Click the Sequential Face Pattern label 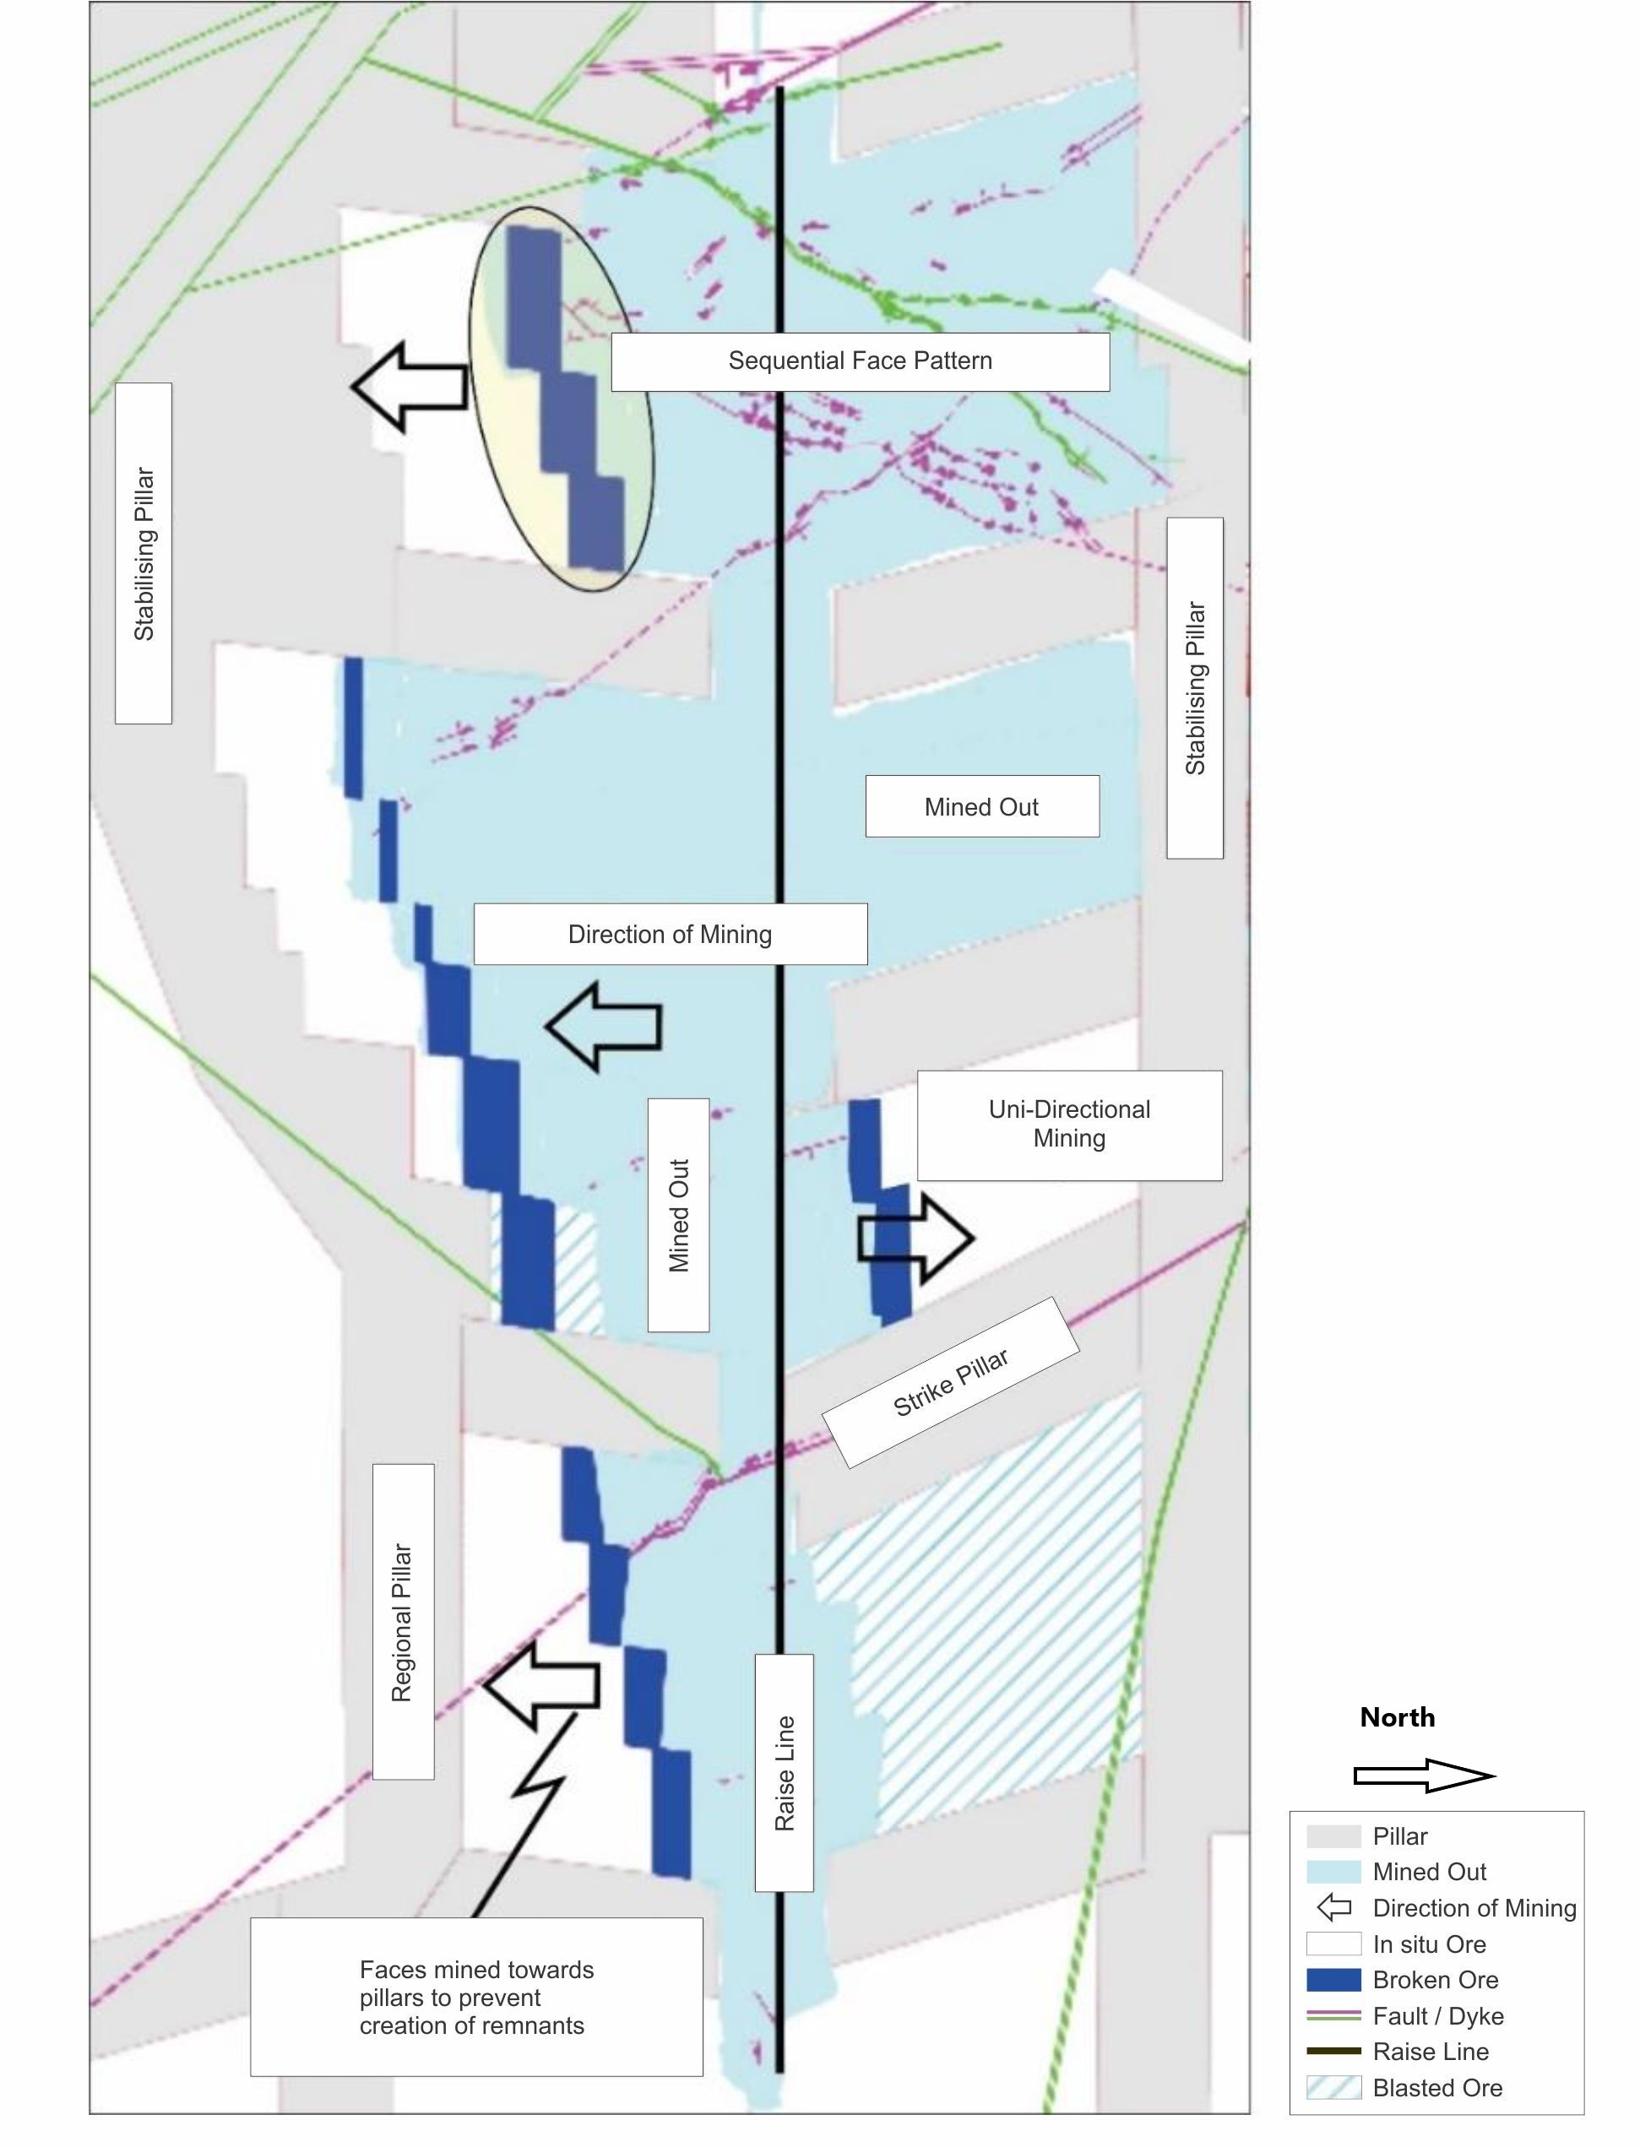click(860, 361)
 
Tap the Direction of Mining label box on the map click(670, 934)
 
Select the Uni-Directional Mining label click(1069, 1125)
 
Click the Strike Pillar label click(951, 1383)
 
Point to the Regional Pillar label click(402, 1621)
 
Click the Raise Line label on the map click(784, 1772)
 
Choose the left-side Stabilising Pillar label click(144, 553)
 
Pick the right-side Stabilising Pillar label click(1195, 688)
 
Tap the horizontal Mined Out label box click(982, 806)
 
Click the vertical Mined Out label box click(678, 1215)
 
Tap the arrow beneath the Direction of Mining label click(605, 1027)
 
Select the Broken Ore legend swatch click(1333, 1979)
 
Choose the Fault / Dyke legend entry click(1437, 2015)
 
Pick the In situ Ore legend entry click(1429, 1944)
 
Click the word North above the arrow click(1397, 1717)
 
